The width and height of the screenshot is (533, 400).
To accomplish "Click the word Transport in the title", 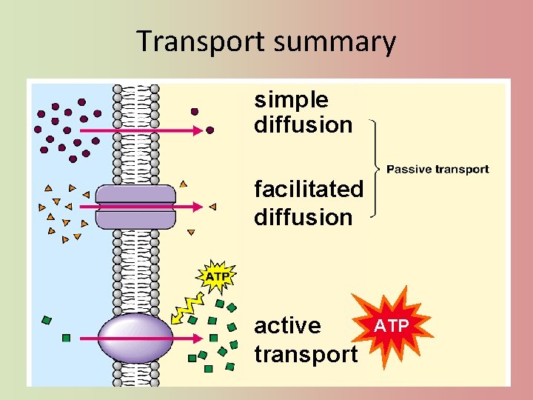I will pos(201,41).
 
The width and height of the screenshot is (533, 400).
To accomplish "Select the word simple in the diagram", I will pos(291,99).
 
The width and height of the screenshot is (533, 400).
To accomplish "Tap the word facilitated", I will pos(309,189).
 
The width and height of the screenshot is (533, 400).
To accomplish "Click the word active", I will pos(287,326).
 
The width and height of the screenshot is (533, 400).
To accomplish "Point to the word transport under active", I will pos(306,354).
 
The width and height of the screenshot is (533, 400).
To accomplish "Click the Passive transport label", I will pos(438,170).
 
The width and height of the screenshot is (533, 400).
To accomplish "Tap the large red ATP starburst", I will pos(390,325).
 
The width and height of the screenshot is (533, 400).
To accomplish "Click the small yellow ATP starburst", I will pos(216,277).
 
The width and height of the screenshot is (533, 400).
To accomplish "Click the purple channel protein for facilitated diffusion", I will pos(135,207).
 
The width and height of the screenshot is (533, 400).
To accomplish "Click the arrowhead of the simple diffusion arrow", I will pos(198,130).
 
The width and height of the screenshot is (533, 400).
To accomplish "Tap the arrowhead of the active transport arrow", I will pos(199,339).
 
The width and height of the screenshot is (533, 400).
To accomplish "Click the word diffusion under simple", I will pos(303,125).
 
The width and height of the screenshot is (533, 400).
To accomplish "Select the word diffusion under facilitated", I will pos(303,218).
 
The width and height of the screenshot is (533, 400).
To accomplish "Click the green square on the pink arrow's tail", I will pos(66,338).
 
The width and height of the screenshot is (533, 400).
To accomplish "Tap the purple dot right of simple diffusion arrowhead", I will pos(209,130).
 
